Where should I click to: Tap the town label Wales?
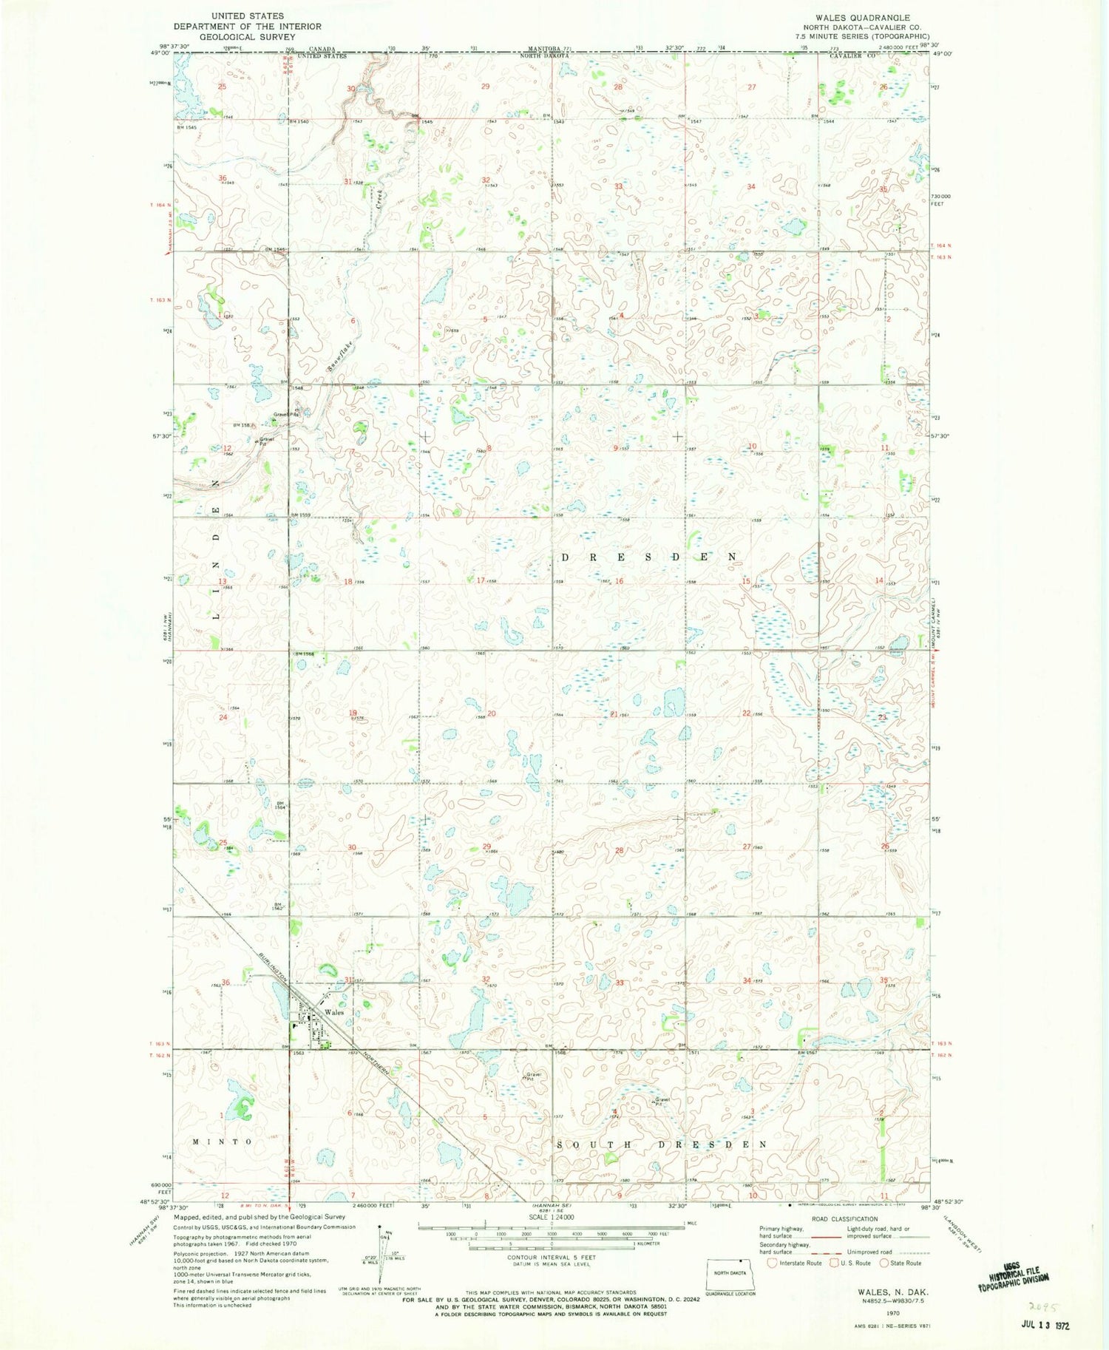click(333, 1012)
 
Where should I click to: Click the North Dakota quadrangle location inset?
click(729, 1273)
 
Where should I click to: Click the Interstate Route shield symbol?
click(772, 1263)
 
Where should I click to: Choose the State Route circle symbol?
click(885, 1263)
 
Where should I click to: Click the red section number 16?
click(619, 581)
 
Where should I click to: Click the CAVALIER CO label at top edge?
click(851, 56)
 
